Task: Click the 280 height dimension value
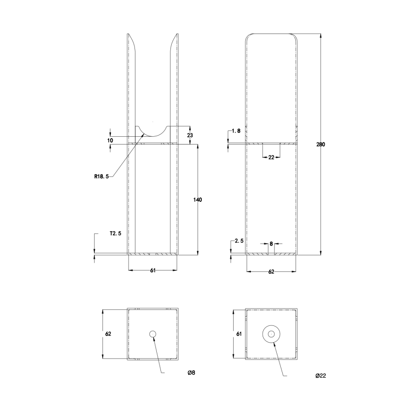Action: click(x=321, y=145)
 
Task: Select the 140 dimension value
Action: click(x=198, y=200)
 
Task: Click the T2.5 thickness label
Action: click(x=115, y=234)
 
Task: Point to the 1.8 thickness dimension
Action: click(x=236, y=131)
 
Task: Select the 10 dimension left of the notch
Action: click(x=110, y=140)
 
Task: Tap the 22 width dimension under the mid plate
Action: click(x=271, y=157)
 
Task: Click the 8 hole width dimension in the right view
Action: click(x=271, y=244)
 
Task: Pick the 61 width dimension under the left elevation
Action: click(x=153, y=270)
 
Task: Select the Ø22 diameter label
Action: click(x=321, y=376)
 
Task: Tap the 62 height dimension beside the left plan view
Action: click(x=108, y=334)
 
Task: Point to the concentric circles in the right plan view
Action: click(x=271, y=334)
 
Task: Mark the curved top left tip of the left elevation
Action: click(x=130, y=37)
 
